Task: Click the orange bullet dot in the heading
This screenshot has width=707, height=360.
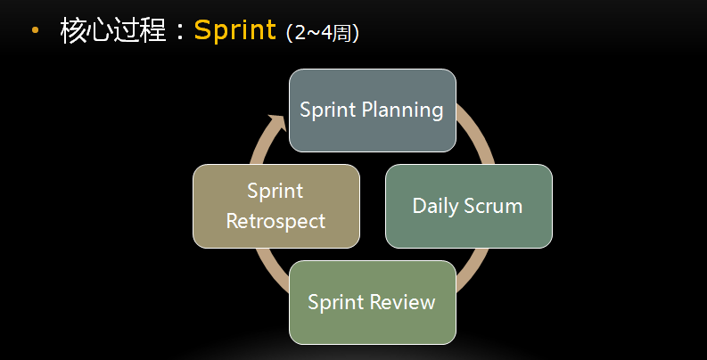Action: point(35,30)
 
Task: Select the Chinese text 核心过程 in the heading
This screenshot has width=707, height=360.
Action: point(113,30)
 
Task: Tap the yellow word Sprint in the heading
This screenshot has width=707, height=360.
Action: point(234,30)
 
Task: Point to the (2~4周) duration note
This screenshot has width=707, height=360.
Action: point(323,33)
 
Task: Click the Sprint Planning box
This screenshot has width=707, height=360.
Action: point(373,110)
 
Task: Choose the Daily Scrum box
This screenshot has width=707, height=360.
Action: point(468,206)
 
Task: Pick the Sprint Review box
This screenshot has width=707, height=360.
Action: point(373,302)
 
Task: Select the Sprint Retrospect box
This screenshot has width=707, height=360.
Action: point(276,206)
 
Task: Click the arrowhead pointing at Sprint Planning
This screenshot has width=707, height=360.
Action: point(277,123)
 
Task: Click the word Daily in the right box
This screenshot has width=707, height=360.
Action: point(435,207)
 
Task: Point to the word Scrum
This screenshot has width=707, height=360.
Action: point(493,206)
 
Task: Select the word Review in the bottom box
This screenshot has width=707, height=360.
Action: point(403,302)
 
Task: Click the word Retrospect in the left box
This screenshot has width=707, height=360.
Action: point(276,222)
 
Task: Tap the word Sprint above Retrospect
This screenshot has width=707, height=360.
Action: point(275,192)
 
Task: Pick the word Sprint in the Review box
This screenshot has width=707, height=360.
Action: point(336,303)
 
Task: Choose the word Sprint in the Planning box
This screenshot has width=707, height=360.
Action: point(328,110)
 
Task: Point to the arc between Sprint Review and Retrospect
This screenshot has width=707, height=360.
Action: point(269,270)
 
